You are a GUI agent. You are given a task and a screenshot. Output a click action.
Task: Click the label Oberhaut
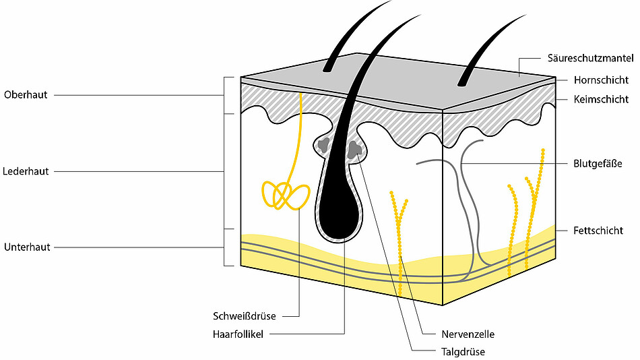pos(26,95)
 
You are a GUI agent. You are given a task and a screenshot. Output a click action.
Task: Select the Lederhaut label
pos(26,171)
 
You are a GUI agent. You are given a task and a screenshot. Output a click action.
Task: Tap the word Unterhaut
pos(27,247)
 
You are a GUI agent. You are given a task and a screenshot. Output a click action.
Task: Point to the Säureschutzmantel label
pos(591,58)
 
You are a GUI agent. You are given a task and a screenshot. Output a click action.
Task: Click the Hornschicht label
pos(601,80)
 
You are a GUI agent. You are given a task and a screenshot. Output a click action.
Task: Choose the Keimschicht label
pos(601,99)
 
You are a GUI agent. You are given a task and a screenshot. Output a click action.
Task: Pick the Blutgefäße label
pos(598,164)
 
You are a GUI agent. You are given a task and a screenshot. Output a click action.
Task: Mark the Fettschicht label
pos(598,231)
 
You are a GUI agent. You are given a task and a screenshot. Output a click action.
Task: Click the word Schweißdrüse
pos(244,316)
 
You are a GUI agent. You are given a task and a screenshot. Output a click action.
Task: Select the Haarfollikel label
pos(238,334)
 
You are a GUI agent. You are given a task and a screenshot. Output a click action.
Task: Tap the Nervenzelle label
pos(468,334)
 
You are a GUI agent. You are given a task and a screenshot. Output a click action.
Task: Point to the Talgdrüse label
pos(463,352)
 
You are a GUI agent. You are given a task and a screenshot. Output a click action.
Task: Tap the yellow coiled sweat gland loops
pos(286,196)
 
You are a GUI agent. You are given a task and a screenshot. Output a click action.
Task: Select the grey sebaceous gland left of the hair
pos(323,145)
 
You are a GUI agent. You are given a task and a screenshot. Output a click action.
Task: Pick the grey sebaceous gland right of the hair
pos(354,150)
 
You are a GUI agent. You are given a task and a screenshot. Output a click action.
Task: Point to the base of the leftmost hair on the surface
pos(327,69)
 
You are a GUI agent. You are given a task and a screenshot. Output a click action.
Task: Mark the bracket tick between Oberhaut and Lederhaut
pos(229,114)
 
